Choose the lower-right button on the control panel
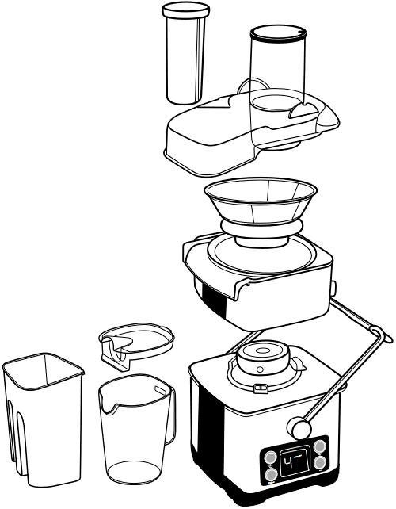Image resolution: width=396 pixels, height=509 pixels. click(321, 464)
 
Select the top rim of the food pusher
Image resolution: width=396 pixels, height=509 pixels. click(186, 9)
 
